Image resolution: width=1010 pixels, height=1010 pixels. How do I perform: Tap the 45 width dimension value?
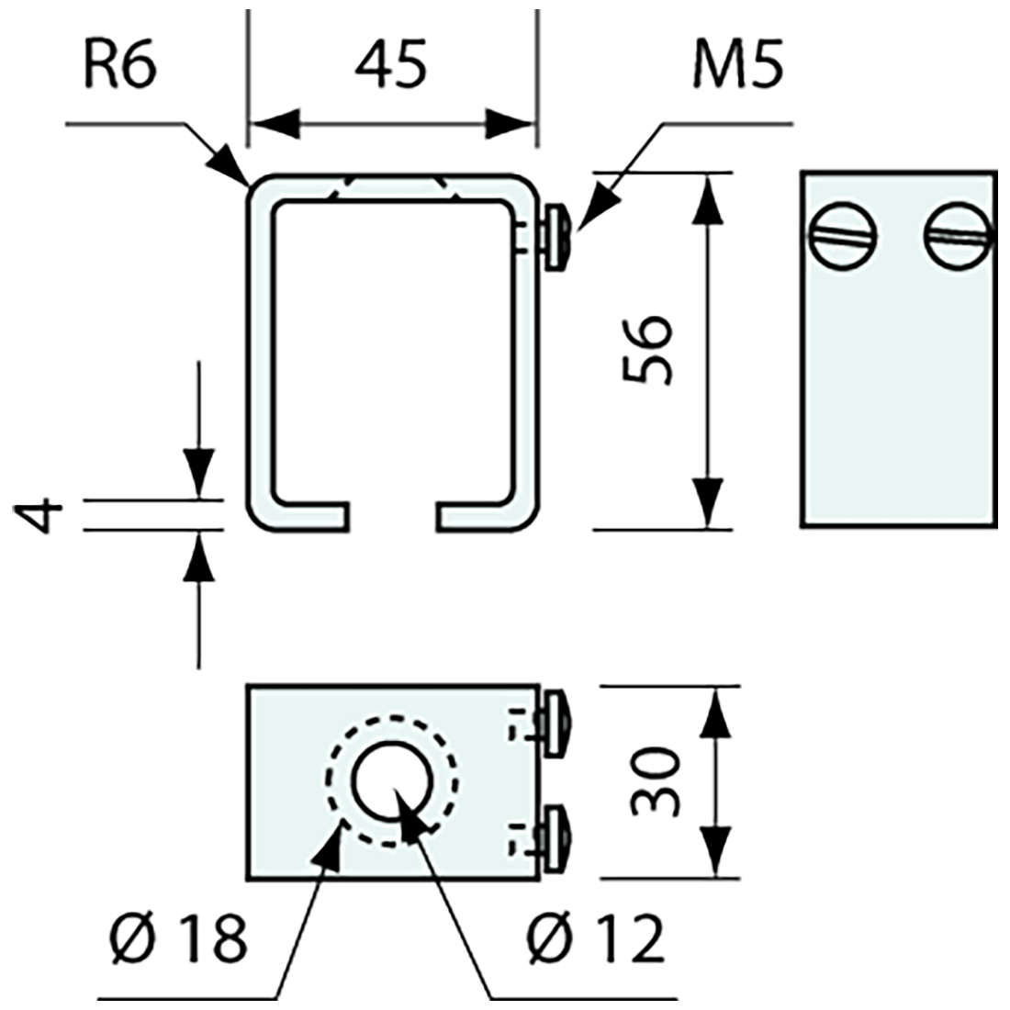[392, 66]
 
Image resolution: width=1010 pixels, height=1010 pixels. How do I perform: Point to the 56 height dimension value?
[648, 350]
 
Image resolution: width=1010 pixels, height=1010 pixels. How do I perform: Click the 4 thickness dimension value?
[39, 516]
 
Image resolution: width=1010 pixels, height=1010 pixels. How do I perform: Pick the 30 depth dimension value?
[656, 782]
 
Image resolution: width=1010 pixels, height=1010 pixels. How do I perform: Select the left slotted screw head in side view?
[842, 236]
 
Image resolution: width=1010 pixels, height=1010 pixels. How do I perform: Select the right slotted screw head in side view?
[959, 236]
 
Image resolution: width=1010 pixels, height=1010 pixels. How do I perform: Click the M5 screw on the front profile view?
[557, 239]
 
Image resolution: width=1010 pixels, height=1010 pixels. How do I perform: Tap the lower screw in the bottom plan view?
[557, 836]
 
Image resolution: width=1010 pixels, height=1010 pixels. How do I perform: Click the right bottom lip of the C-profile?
[477, 515]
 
